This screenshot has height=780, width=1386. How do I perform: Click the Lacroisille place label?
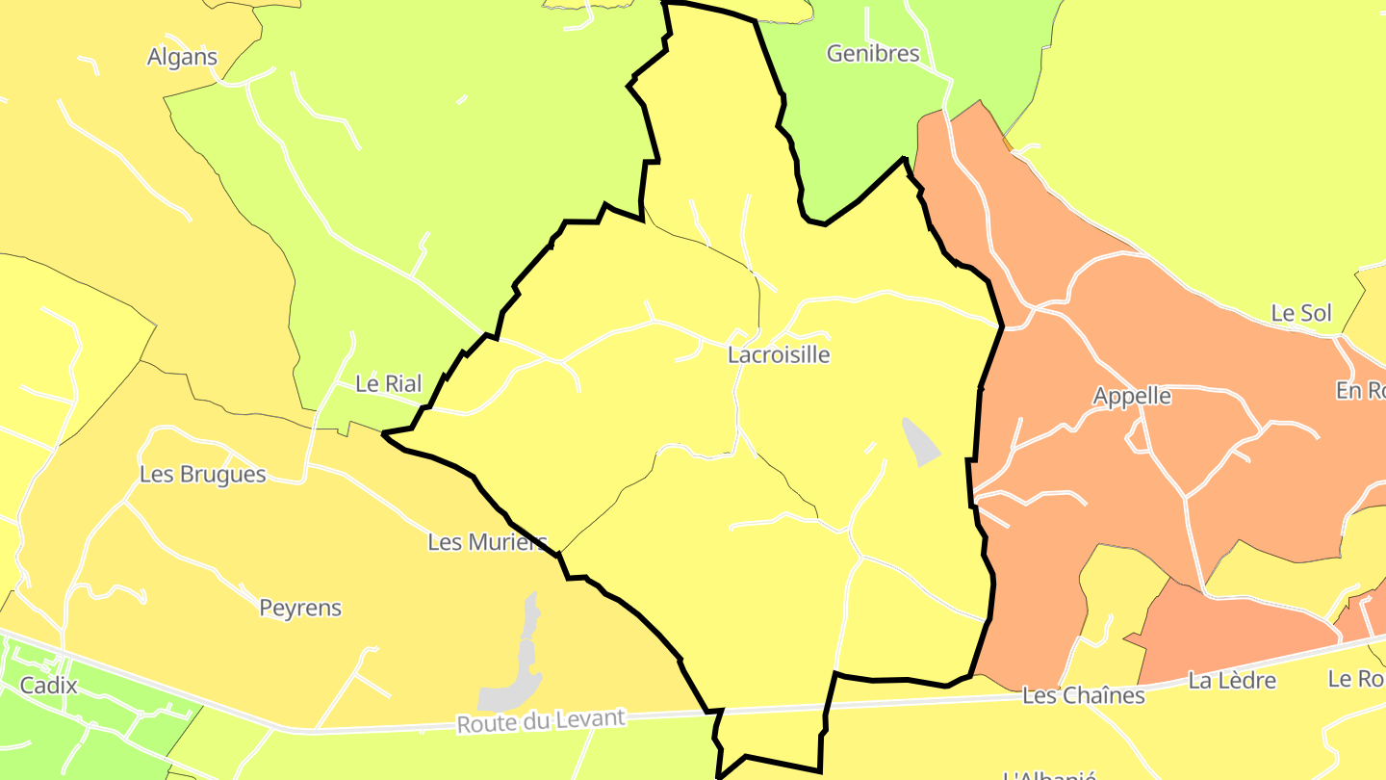779,354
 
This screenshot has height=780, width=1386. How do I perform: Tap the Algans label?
182,57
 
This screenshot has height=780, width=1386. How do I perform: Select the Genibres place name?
873,54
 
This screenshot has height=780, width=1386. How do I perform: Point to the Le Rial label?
389,383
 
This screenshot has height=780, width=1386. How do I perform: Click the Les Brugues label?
202,475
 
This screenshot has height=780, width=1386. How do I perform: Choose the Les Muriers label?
487,542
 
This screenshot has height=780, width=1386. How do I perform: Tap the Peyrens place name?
300,609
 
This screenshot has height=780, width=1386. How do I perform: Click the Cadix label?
48,687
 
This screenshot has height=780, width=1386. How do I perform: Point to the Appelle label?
1132,396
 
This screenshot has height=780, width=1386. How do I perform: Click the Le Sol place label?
1301,313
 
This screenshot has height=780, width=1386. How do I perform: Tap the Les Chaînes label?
1084,695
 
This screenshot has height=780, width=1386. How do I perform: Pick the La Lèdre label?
1232,681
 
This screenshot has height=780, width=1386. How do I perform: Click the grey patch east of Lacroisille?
921,441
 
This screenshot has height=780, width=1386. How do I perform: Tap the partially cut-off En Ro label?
1360,390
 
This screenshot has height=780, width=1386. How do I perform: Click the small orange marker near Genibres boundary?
1008,143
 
